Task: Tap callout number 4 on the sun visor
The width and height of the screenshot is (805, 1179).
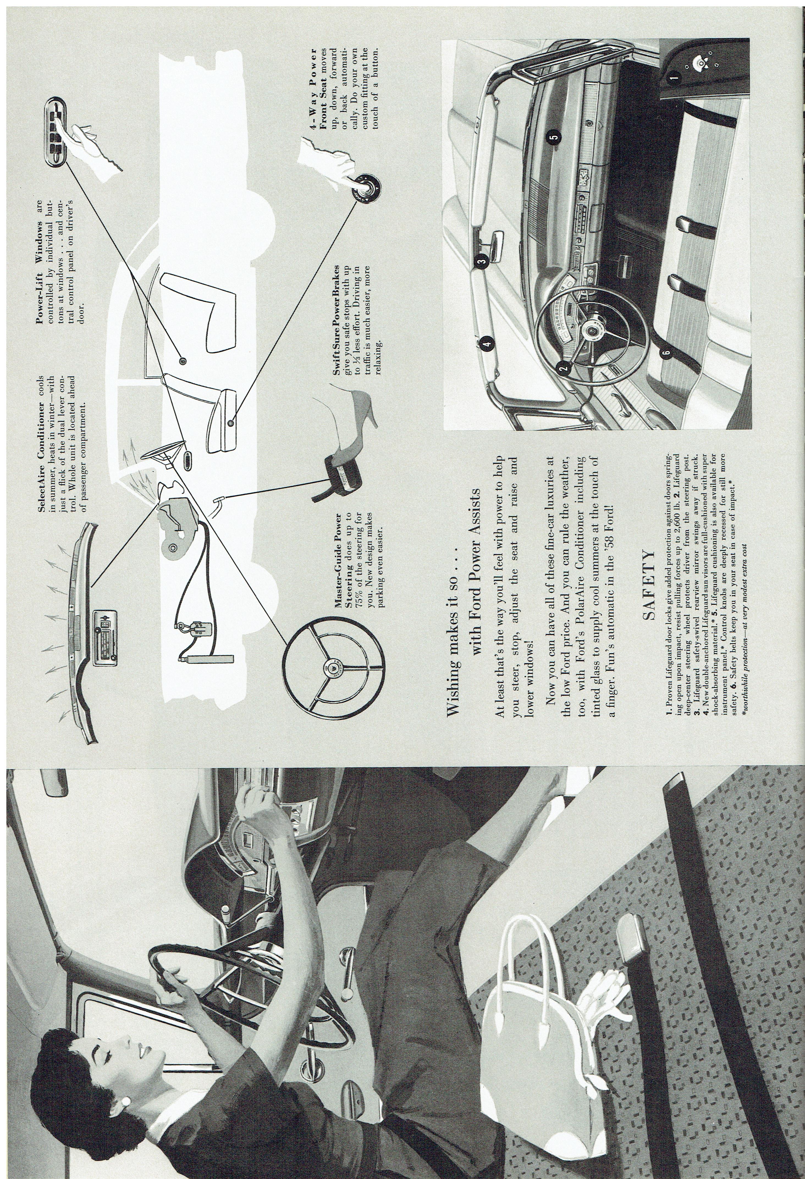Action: [x=487, y=345]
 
